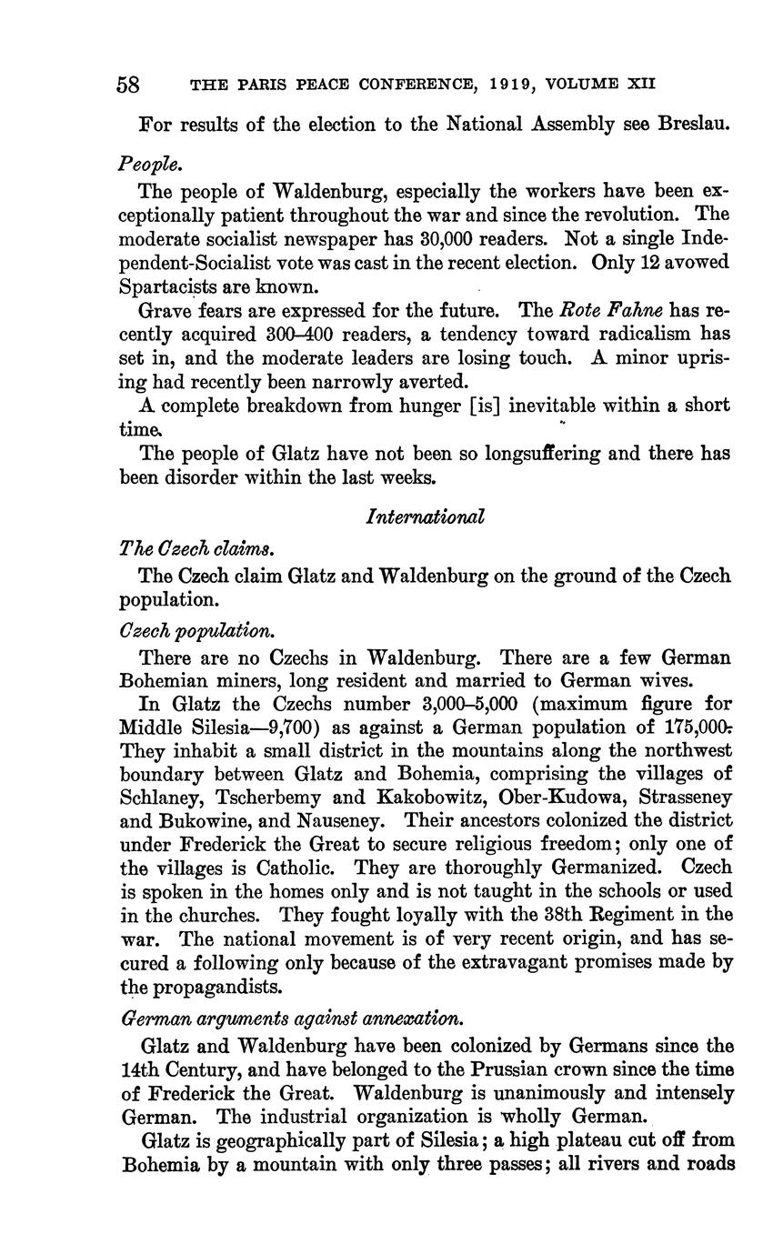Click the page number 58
pyautogui.click(x=128, y=85)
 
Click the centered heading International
pyautogui.click(x=425, y=517)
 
